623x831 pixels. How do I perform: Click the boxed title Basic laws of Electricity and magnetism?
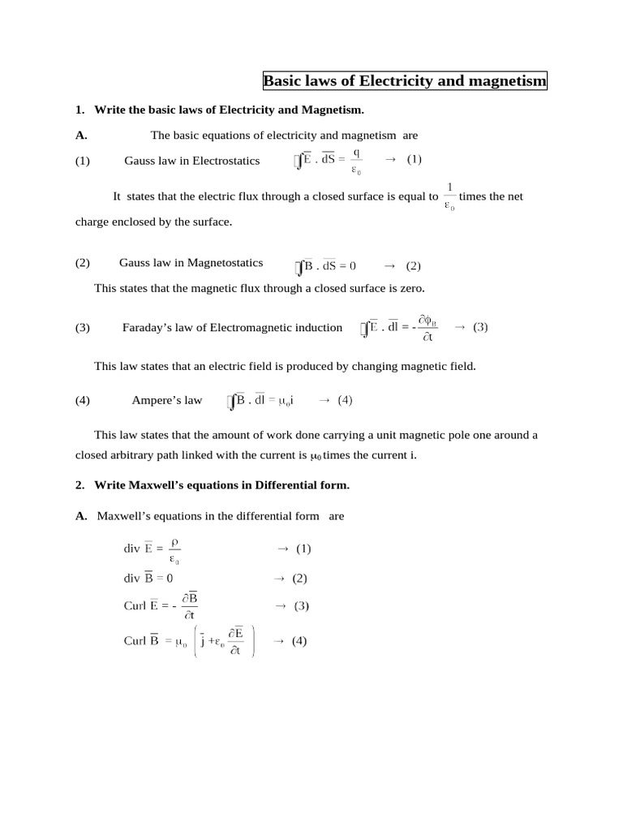coord(405,81)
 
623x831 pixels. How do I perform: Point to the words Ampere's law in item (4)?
coord(166,400)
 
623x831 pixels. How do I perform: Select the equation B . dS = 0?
coord(325,265)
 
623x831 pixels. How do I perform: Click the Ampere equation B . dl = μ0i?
coord(260,400)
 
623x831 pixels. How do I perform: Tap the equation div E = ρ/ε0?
coord(152,549)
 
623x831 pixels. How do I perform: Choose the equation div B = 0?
coord(148,579)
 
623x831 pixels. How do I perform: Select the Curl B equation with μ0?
coord(189,641)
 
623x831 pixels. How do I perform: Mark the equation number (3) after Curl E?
coord(302,606)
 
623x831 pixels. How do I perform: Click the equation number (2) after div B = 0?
coord(299,579)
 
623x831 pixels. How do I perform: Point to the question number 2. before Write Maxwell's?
coord(80,485)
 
